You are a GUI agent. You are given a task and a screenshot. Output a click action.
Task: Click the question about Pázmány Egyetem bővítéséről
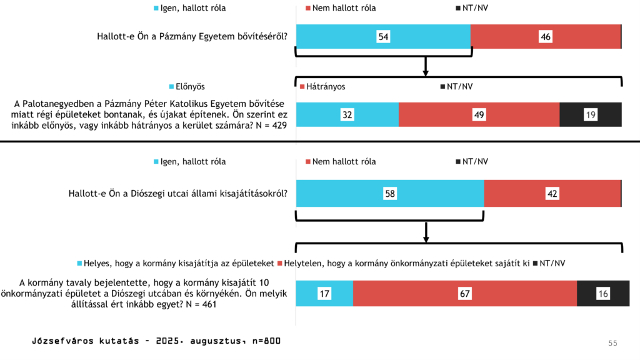(192, 36)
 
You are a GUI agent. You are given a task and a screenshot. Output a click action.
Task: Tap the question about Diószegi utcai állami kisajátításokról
(177, 193)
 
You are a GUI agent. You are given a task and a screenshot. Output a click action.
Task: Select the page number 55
(612, 343)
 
